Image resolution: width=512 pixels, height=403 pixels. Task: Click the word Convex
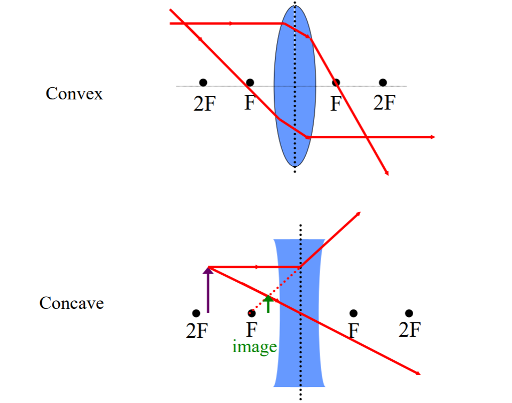click(x=74, y=94)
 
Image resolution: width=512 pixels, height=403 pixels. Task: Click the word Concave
click(x=71, y=303)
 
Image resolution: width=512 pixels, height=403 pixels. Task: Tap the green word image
click(x=254, y=347)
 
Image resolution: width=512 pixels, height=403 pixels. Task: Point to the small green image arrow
click(x=268, y=303)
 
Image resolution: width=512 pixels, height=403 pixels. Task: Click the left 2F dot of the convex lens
click(x=203, y=82)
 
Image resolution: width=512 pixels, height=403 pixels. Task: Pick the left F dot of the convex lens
click(x=250, y=82)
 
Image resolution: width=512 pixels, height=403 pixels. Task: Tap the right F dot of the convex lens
click(x=336, y=82)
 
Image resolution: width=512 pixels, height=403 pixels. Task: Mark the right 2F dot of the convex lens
click(x=383, y=82)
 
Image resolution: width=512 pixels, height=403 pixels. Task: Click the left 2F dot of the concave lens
click(x=196, y=313)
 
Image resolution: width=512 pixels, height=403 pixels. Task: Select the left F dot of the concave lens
click(x=251, y=313)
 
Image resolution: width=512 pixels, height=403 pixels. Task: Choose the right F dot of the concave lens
click(x=353, y=313)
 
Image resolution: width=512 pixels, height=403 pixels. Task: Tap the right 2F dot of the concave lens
click(x=409, y=313)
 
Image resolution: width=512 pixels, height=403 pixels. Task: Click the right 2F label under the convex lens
click(x=384, y=102)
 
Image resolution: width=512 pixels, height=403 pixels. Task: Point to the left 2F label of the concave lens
click(x=196, y=331)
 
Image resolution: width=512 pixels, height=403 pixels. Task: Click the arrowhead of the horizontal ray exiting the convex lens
click(x=433, y=137)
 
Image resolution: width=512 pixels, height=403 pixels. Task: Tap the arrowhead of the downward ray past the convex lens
click(x=386, y=172)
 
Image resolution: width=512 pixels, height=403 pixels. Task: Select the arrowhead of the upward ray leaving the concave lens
click(x=359, y=213)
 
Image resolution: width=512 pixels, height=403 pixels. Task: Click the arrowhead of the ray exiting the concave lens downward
click(x=418, y=373)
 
